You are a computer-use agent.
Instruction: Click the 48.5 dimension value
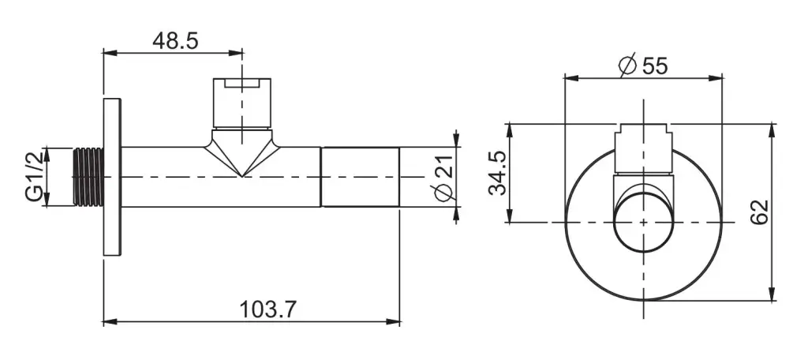pyautogui.click(x=175, y=41)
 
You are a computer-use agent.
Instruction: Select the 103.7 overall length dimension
pyautogui.click(x=268, y=309)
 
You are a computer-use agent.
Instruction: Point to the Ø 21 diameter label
pyautogui.click(x=443, y=177)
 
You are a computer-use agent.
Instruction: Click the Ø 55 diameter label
pyautogui.click(x=643, y=66)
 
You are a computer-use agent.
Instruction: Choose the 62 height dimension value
pyautogui.click(x=760, y=212)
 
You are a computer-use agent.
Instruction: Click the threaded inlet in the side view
pyautogui.click(x=88, y=177)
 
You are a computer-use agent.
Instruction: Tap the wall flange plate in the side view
pyautogui.click(x=112, y=177)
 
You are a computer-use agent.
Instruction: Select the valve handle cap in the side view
pyautogui.click(x=242, y=103)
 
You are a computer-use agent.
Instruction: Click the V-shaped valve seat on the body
pyautogui.click(x=242, y=152)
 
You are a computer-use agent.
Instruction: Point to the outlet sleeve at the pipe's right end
pyautogui.click(x=360, y=177)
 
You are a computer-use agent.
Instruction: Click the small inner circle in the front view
pyautogui.click(x=644, y=223)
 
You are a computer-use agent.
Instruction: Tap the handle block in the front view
pyautogui.click(x=644, y=148)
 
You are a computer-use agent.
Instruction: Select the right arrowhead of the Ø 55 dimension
pyautogui.click(x=716, y=78)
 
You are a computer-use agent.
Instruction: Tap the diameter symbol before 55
pyautogui.click(x=628, y=66)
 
